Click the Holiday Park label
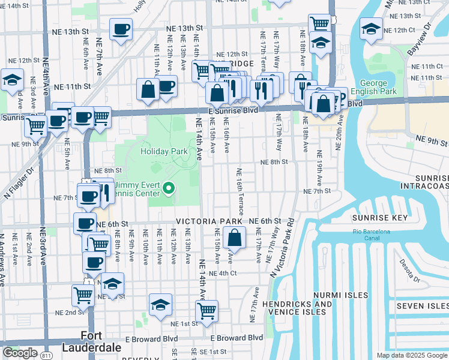tap(164, 152)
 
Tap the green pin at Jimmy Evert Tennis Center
tap(169, 189)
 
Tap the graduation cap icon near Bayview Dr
tap(371, 29)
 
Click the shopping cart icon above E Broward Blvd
tap(206, 311)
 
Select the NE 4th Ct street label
tap(233, 273)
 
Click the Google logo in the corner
tap(20, 353)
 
